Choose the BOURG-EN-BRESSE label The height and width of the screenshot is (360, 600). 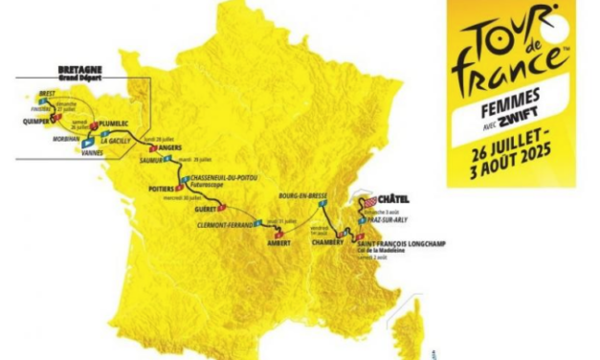(301, 194)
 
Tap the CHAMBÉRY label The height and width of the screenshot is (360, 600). (327, 242)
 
